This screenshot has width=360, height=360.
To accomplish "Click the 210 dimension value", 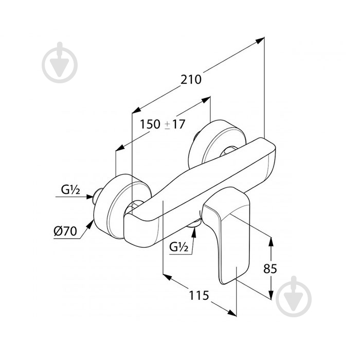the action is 191,80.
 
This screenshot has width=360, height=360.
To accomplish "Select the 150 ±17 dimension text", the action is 163,124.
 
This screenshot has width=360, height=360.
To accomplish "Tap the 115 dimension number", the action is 199,295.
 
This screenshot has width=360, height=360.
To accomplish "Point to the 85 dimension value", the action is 270,268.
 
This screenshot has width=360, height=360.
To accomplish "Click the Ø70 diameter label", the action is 65,231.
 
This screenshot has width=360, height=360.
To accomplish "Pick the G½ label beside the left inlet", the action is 70,190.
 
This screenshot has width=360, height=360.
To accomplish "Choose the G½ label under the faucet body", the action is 179,247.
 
